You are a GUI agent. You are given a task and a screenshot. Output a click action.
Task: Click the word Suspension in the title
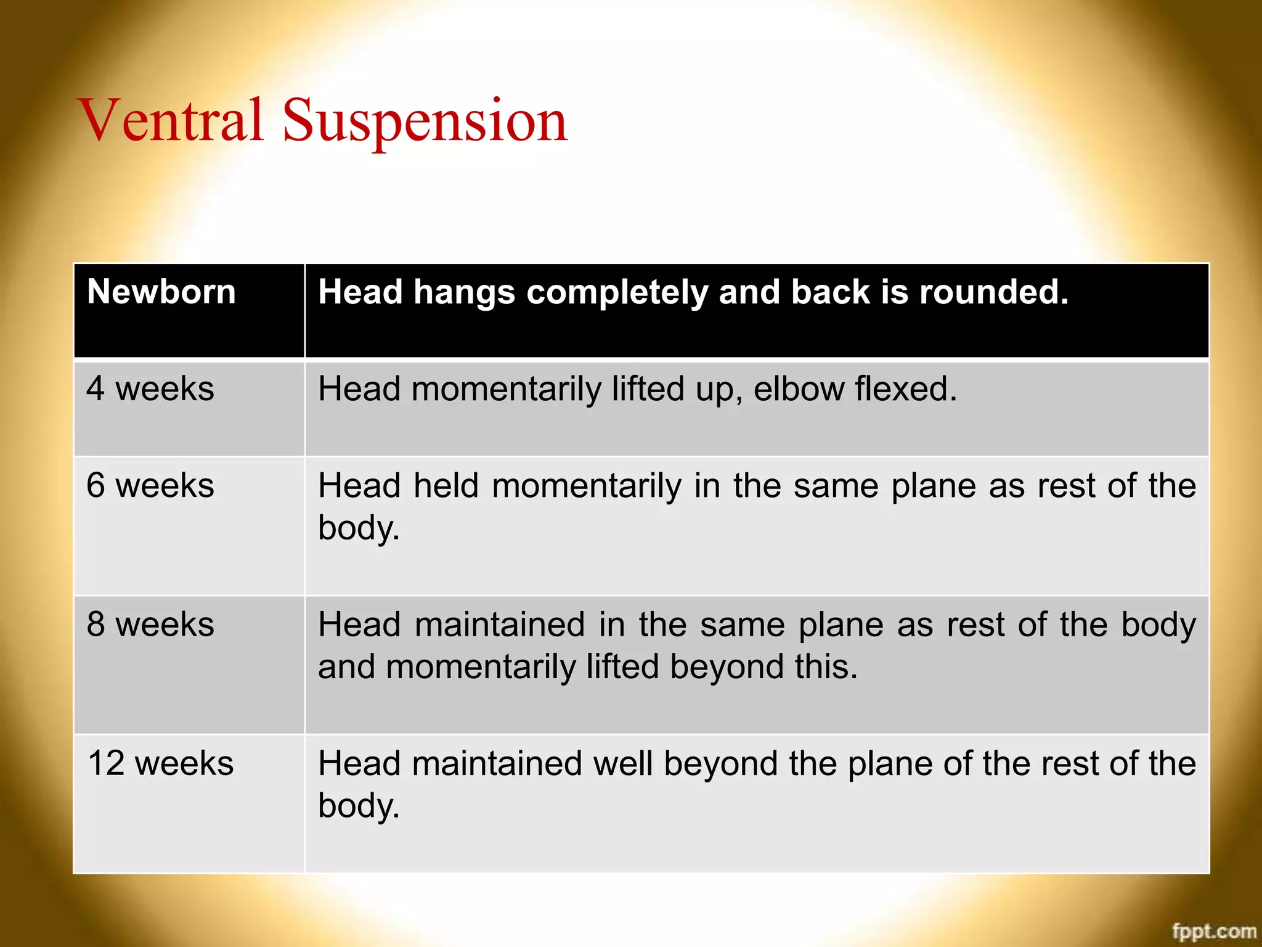(x=425, y=121)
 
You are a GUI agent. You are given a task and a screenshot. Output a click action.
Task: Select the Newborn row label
(x=161, y=292)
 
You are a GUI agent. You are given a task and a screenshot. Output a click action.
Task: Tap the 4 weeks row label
(x=150, y=389)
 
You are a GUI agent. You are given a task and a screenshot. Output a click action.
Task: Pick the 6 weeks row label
(x=150, y=485)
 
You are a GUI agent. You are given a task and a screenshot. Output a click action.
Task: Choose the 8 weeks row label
(x=150, y=624)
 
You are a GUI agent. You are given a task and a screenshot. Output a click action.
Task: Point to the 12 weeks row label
(x=161, y=763)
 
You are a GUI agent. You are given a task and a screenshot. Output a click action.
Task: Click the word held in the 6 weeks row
(x=446, y=485)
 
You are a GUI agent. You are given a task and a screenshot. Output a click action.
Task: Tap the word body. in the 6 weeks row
(x=359, y=528)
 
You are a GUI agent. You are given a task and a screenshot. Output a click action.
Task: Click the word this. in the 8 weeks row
(x=826, y=667)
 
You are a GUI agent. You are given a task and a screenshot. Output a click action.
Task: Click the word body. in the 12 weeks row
(x=359, y=806)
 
